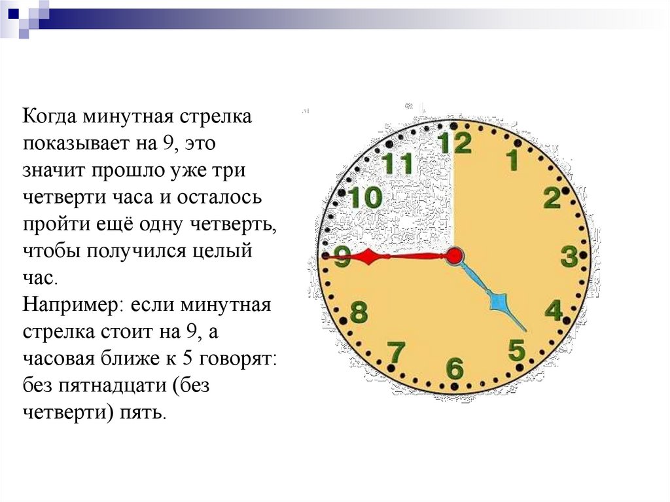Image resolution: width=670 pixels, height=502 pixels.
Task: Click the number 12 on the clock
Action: click(455, 143)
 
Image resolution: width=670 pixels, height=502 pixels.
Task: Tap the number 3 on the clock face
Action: click(570, 256)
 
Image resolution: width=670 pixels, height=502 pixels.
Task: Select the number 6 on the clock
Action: click(455, 368)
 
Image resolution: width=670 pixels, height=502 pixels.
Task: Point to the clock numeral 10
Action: click(366, 198)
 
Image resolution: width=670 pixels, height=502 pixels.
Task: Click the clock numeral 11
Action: click(397, 163)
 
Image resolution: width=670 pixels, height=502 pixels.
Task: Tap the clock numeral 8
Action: click(359, 312)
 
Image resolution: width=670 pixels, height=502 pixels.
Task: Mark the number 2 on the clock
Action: click(552, 198)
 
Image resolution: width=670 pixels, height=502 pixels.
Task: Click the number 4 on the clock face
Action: click(554, 310)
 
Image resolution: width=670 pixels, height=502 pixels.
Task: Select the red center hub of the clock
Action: click(454, 256)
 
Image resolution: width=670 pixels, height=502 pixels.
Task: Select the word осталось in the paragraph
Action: click(219, 197)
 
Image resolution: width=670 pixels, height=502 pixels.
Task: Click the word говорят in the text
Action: click(235, 359)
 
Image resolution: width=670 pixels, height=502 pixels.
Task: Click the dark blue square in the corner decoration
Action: click(14, 14)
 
